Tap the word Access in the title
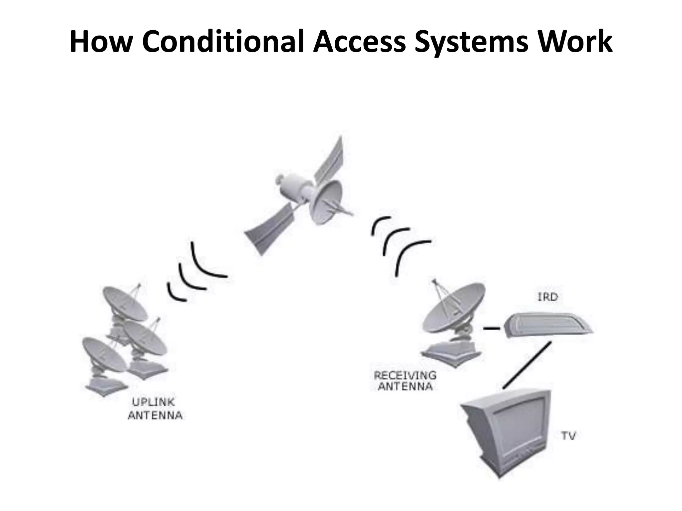pos(359,42)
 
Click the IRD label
pos(547,297)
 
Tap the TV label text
pos(569,436)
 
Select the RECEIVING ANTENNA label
pos(405,381)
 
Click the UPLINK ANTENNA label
pos(155,409)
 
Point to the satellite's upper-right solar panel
pos(330,160)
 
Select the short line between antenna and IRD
pos(492,329)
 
